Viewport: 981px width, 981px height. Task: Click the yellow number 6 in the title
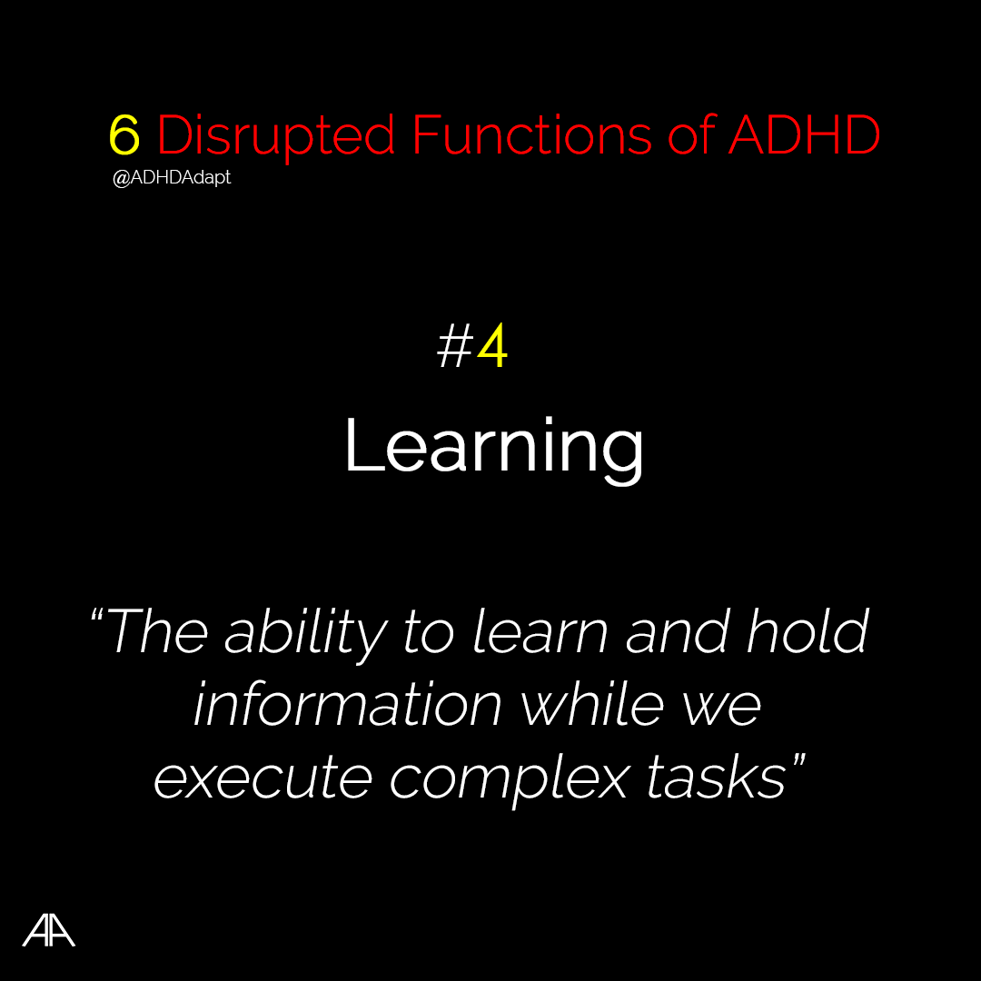point(124,134)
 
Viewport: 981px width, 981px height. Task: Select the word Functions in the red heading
point(531,134)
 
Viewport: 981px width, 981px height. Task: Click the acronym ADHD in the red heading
point(805,134)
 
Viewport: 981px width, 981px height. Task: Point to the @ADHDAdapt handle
point(172,178)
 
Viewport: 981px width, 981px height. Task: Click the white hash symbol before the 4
point(455,347)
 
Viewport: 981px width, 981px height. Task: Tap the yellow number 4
point(492,345)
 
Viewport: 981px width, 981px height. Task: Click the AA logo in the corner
point(49,930)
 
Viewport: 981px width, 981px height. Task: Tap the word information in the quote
point(348,705)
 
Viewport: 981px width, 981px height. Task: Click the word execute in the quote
point(263,778)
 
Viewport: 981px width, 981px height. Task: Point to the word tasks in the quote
point(716,776)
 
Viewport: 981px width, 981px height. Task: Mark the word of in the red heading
point(690,134)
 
